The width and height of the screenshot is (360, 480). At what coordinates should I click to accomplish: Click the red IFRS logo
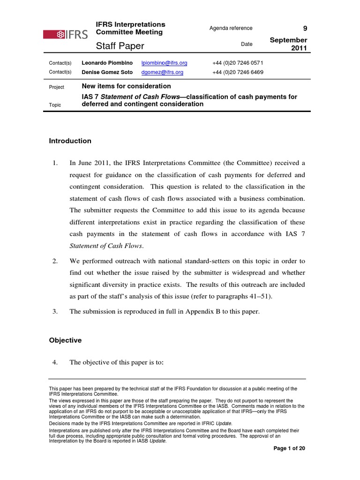[65, 34]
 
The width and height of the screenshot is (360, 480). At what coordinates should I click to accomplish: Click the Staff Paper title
[120, 45]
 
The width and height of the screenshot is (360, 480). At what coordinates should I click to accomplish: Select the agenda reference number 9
[305, 29]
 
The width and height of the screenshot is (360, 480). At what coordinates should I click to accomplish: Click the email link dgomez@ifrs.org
[162, 72]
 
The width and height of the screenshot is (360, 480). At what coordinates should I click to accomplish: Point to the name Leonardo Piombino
[107, 63]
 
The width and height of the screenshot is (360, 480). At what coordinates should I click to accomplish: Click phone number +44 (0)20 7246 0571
[238, 63]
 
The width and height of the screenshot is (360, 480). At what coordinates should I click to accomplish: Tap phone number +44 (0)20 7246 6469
[238, 72]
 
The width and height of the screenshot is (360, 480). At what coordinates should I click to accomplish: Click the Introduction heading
[70, 141]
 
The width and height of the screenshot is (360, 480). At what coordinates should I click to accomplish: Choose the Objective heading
[66, 340]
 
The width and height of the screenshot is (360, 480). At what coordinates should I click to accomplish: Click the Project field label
[57, 87]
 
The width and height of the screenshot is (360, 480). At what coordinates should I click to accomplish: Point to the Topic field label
[55, 105]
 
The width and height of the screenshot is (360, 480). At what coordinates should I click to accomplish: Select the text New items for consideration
[126, 86]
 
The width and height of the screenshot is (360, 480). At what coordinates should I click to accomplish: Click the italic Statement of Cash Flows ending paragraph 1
[106, 246]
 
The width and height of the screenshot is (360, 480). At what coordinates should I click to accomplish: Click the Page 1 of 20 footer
[289, 449]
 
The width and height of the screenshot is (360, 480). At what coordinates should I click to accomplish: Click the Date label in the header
[247, 44]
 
